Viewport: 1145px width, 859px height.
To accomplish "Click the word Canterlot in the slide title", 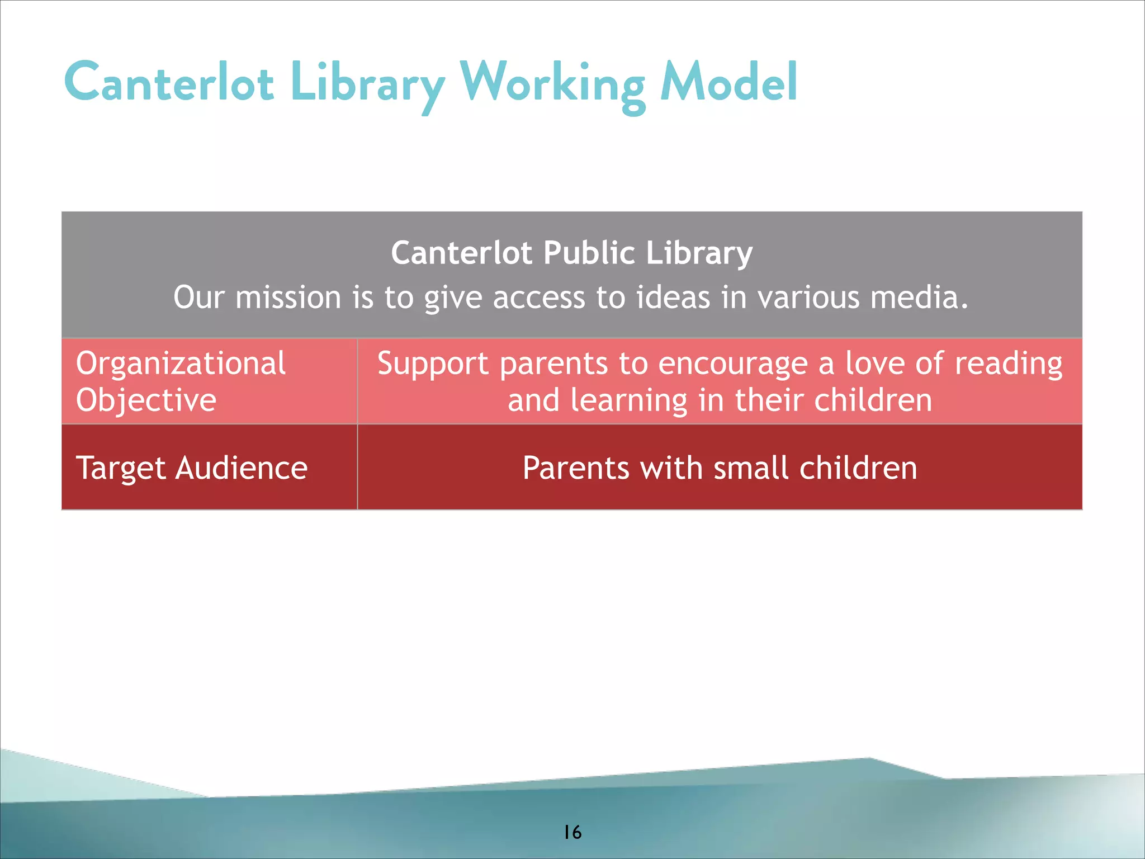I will click(x=169, y=83).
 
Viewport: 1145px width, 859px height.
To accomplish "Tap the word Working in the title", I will click(x=552, y=84).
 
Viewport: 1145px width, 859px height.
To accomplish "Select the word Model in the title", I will click(x=728, y=83).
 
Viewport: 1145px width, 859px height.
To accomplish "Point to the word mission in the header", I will click(x=288, y=297).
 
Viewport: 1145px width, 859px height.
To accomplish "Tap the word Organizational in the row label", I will click(x=181, y=363).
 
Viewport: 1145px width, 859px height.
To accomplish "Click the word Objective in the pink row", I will click(x=146, y=400).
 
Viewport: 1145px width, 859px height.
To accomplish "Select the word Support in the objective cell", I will click(x=433, y=364).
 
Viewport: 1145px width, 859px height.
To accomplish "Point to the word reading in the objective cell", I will click(x=1008, y=364).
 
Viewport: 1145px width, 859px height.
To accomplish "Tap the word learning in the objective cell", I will click(x=628, y=401).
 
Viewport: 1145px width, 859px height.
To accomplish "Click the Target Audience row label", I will click(x=192, y=468).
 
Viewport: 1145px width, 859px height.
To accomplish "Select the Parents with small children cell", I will click(x=720, y=468).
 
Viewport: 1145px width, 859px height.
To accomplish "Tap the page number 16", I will click(x=572, y=833).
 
